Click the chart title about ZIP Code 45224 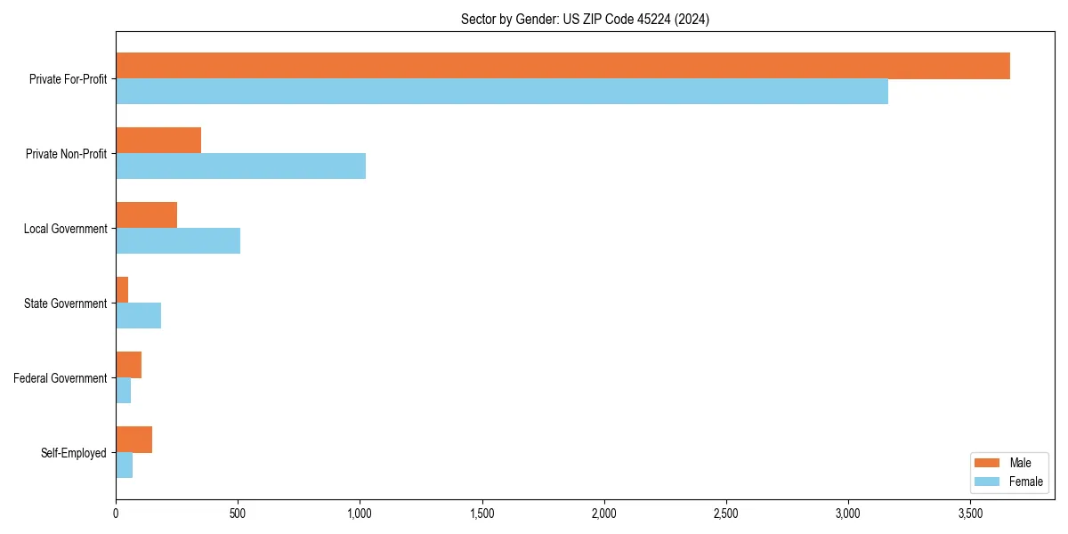(x=585, y=19)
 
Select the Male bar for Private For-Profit (x=562, y=66)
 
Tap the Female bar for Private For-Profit (x=502, y=92)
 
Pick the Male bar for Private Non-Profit (x=158, y=141)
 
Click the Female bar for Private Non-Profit (x=240, y=166)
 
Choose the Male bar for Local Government (x=146, y=215)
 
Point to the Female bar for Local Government (x=178, y=241)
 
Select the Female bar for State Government (x=138, y=316)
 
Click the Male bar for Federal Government (x=128, y=365)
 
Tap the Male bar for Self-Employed (x=133, y=440)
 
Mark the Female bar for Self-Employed (x=124, y=465)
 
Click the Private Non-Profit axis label (x=66, y=154)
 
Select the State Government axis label (x=65, y=303)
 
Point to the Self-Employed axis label (x=73, y=453)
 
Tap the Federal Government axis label (x=61, y=378)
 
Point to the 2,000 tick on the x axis (x=604, y=514)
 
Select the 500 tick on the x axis (x=238, y=514)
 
